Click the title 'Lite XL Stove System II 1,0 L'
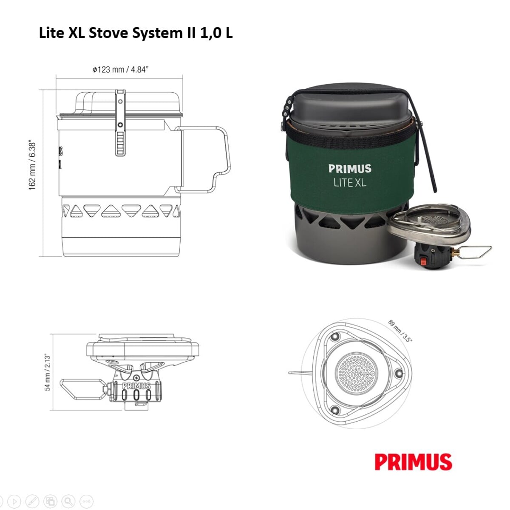136,33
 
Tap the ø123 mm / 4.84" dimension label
120,69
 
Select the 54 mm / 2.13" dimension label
48,372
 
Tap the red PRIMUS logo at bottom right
413,462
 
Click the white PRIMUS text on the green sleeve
350,169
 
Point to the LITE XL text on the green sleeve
349,183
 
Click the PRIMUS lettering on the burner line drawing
136,386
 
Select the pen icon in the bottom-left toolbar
32,501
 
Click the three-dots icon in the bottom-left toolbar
86,501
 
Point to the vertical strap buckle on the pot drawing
121,123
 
